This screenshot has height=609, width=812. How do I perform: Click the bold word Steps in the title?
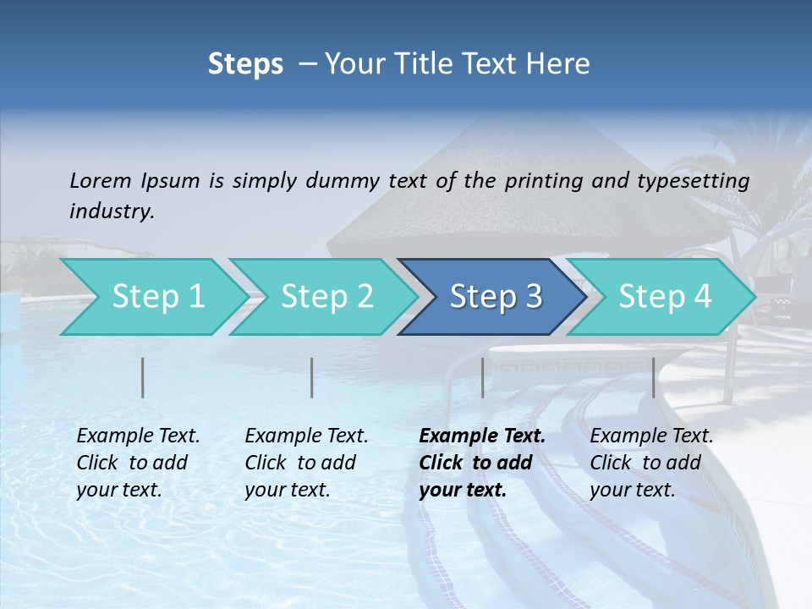click(x=245, y=63)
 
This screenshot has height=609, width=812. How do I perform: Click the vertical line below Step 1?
click(x=143, y=377)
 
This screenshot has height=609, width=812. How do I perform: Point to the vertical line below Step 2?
click(x=312, y=377)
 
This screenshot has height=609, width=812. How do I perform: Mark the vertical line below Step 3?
click(x=483, y=377)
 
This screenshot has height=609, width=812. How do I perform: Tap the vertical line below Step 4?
click(x=654, y=377)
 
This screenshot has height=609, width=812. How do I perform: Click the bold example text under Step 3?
click(x=482, y=463)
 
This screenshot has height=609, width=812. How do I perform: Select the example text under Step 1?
click(x=138, y=463)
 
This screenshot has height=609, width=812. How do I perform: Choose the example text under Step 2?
click(x=306, y=463)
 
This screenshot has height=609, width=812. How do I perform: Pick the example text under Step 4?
click(x=651, y=463)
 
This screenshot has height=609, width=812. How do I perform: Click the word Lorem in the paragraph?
click(x=101, y=180)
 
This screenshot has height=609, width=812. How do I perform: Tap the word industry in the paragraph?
click(x=111, y=211)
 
